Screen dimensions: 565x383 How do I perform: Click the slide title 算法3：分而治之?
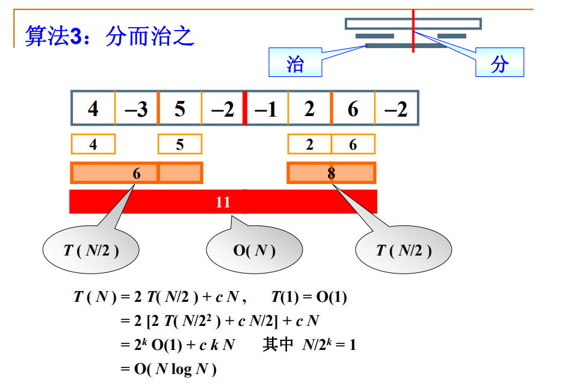coord(110,36)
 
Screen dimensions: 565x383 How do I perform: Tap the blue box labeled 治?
coord(295,63)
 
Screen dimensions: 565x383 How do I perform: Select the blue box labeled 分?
coord(500,63)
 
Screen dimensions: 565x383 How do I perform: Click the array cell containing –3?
coord(137,108)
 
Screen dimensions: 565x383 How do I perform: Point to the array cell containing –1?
coord(267,108)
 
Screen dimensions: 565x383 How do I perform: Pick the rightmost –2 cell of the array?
coord(396,108)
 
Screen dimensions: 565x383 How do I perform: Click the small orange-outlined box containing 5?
coord(180,144)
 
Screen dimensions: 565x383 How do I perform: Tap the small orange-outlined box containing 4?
coord(93,144)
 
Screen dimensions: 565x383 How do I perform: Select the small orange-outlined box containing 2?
coord(309,144)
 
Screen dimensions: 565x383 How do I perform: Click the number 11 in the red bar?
coord(223,202)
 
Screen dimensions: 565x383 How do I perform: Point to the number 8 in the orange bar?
coord(331,174)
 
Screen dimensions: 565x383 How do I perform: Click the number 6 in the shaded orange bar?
coord(137,174)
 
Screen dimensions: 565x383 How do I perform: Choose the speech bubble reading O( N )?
coord(255,250)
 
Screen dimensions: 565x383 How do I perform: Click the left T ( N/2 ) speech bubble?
coord(91,250)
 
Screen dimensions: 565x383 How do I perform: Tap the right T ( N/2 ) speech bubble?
coord(404,250)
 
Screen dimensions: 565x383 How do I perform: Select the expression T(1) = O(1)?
coord(309,297)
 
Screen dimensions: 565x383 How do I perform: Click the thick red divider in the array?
coord(245,108)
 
